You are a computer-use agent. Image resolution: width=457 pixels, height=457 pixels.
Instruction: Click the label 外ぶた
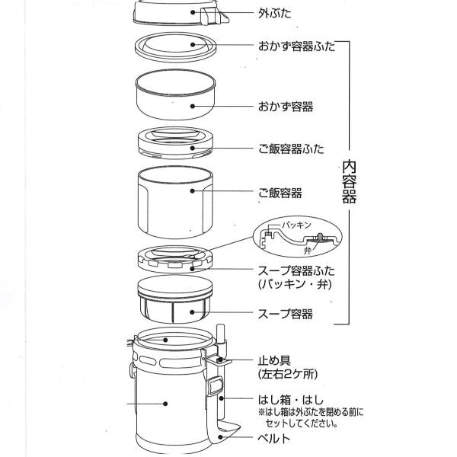(276, 13)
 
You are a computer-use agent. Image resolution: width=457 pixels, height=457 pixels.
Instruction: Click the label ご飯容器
(280, 193)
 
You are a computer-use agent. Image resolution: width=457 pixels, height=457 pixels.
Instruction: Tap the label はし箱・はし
(292, 398)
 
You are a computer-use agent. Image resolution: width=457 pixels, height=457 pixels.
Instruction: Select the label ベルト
(275, 438)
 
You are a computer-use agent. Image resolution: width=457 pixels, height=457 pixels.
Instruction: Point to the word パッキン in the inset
(297, 226)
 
